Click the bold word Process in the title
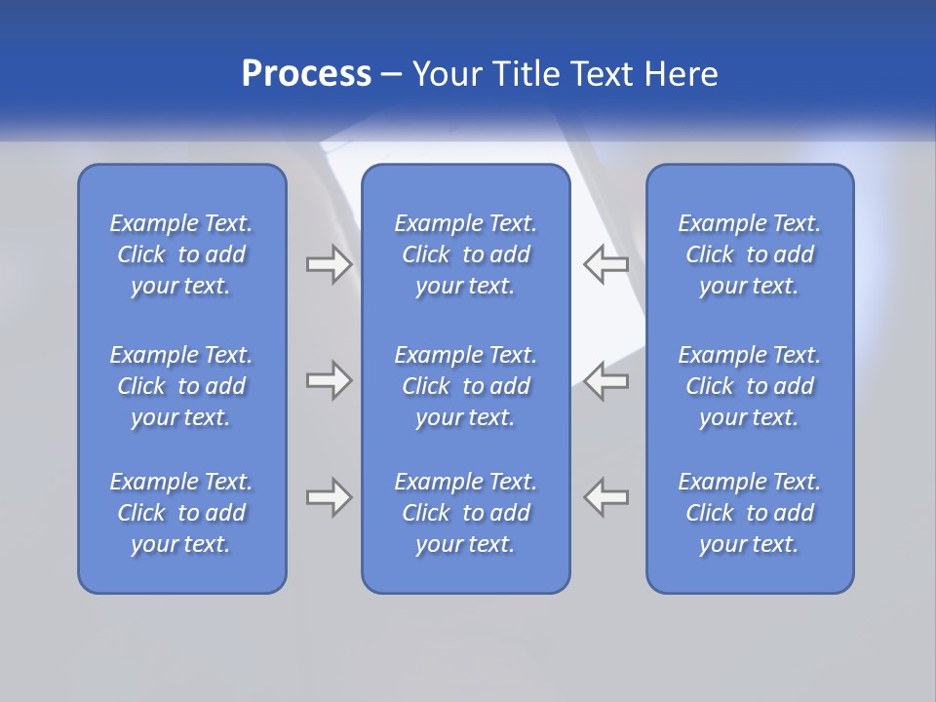tap(306, 74)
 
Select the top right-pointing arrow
tap(329, 264)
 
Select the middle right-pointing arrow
tap(329, 380)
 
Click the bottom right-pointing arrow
tap(329, 497)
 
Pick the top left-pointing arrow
tap(605, 264)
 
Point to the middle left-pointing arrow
tap(605, 380)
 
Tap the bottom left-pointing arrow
tap(605, 497)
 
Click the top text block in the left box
tap(181, 254)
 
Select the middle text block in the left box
tap(181, 386)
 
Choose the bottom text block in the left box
tap(181, 513)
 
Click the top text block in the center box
tap(466, 254)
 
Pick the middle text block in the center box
tap(466, 386)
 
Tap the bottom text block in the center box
tap(466, 513)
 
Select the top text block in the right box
tap(750, 254)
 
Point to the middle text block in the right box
tap(750, 386)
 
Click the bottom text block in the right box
tap(750, 513)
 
